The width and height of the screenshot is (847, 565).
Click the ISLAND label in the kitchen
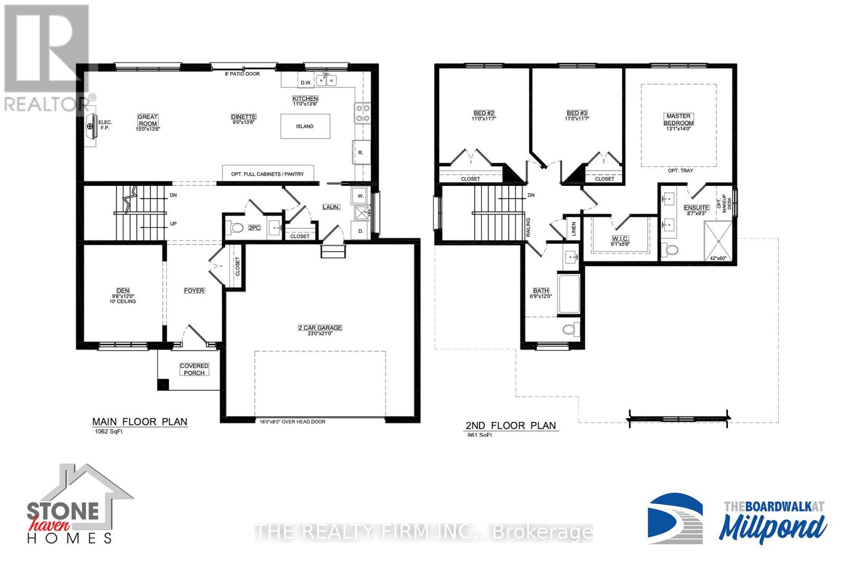point(304,127)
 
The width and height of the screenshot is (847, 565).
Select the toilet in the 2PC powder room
point(236,228)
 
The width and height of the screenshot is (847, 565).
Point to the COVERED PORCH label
point(194,369)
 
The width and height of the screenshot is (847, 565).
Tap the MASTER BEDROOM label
point(678,119)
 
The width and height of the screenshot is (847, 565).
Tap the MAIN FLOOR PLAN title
point(140,421)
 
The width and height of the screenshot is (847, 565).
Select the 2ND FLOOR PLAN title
point(511,425)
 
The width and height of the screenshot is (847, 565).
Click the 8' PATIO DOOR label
point(242,74)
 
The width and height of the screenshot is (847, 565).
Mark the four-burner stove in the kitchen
point(362,112)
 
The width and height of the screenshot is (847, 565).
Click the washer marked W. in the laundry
point(361,195)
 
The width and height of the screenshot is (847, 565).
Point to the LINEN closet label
point(574,229)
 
